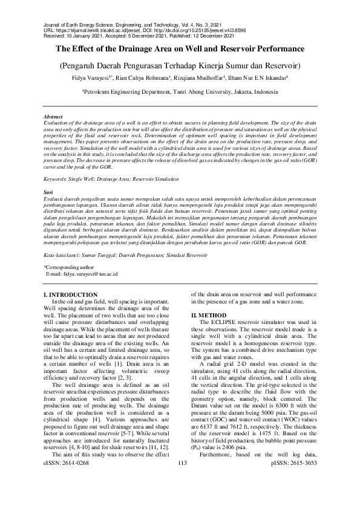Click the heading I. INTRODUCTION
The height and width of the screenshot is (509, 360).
coord(71,294)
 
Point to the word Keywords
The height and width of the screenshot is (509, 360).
coord(57,180)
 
